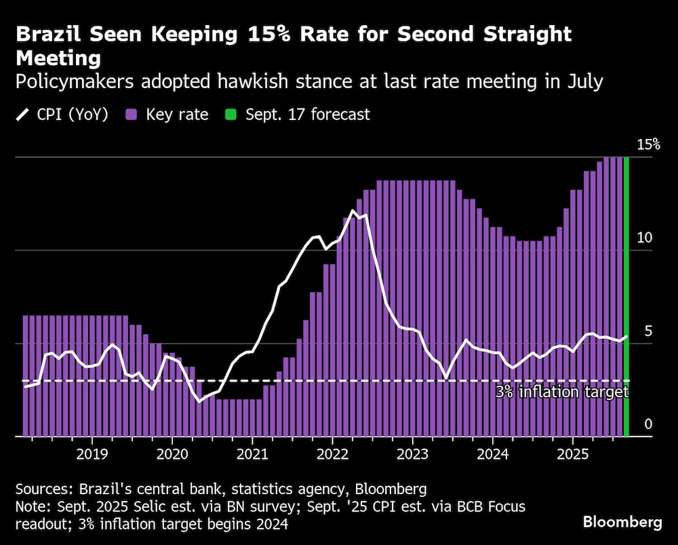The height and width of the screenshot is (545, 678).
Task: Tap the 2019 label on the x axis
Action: click(92, 452)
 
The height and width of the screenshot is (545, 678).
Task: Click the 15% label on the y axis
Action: click(648, 145)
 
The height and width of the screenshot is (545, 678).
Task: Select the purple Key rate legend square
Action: click(132, 115)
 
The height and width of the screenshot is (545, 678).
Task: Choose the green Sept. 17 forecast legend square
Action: click(231, 115)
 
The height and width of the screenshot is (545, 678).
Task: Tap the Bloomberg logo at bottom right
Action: click(622, 522)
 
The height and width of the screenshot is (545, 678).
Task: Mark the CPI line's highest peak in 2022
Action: click(353, 211)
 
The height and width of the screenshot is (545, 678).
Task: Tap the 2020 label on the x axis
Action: click(172, 452)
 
